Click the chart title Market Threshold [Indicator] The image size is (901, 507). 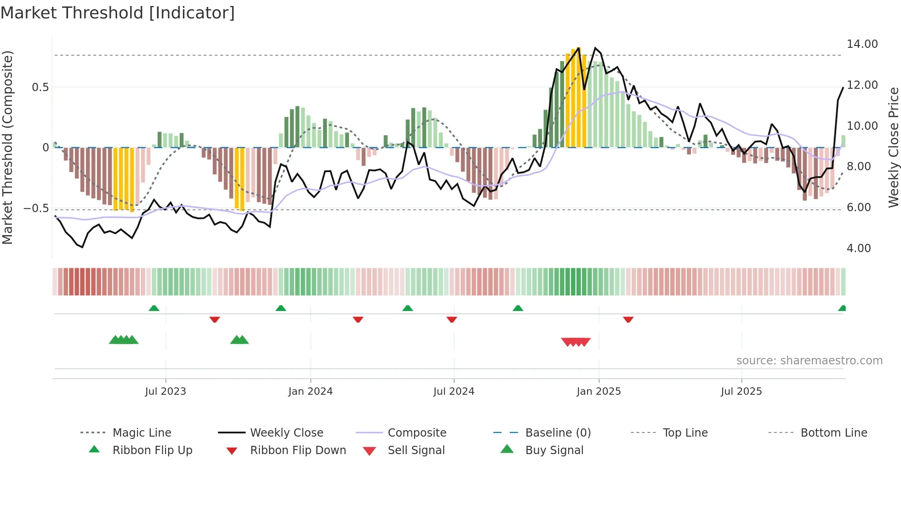click(x=118, y=13)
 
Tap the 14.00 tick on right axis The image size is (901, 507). click(x=862, y=44)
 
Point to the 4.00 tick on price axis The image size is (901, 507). click(x=859, y=248)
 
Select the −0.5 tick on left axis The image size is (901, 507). click(x=36, y=208)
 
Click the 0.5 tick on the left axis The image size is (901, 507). click(x=40, y=87)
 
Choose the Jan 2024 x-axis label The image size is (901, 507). click(x=310, y=392)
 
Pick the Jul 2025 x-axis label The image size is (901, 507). click(x=741, y=392)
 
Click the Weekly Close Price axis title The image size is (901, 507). click(x=893, y=147)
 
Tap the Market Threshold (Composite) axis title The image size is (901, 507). click(x=7, y=147)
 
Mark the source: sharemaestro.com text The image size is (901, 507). click(x=809, y=361)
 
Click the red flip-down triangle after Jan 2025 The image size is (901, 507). click(x=628, y=319)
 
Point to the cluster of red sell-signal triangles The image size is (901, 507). click(x=576, y=342)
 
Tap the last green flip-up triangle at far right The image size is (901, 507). click(x=842, y=308)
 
